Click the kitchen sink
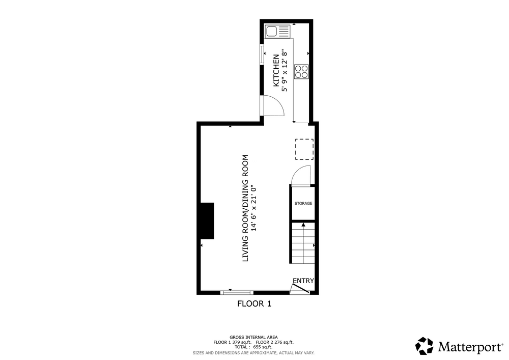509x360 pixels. point(278,32)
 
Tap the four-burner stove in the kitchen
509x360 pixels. point(301,72)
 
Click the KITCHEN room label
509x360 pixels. point(276,70)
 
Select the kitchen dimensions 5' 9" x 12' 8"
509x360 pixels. point(285,70)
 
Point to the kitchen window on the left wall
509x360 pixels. point(261,54)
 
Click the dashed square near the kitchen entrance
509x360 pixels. point(304,149)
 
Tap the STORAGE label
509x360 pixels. point(303,204)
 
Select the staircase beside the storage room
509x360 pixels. point(303,243)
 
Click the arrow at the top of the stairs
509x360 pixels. point(303,225)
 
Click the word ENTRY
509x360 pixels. point(303,281)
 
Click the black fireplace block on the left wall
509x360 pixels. point(207,221)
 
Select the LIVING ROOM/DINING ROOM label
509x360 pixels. point(245,208)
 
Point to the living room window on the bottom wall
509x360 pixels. point(237,292)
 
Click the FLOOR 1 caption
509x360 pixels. point(254,304)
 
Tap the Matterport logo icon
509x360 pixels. point(425,346)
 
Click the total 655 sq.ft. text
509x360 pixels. point(253,347)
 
